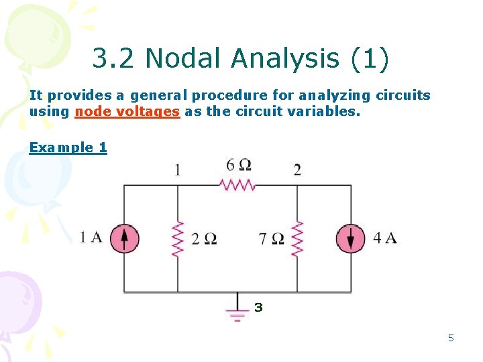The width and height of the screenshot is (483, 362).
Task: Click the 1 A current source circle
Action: [x=124, y=238]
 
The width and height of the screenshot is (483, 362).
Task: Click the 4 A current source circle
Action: [x=351, y=238]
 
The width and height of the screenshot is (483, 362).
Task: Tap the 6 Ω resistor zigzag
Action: [x=238, y=184]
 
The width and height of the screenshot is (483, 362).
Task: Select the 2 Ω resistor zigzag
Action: [x=178, y=239]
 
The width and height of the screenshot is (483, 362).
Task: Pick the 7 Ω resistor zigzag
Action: [x=297, y=239]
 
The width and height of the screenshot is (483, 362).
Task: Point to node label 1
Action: [x=177, y=169]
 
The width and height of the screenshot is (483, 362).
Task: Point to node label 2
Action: [x=297, y=169]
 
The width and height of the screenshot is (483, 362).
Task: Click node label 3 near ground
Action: [x=258, y=308]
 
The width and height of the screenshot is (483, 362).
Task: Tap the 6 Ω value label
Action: [x=239, y=165]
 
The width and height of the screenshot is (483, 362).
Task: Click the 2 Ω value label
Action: [x=204, y=239]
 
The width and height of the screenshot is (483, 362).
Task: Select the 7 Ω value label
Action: [x=272, y=239]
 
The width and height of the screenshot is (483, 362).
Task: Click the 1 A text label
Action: [x=91, y=237]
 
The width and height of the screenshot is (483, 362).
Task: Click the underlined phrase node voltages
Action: [x=127, y=112]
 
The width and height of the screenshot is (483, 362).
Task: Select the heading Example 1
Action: [x=68, y=147]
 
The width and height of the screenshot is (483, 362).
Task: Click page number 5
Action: [x=451, y=338]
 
